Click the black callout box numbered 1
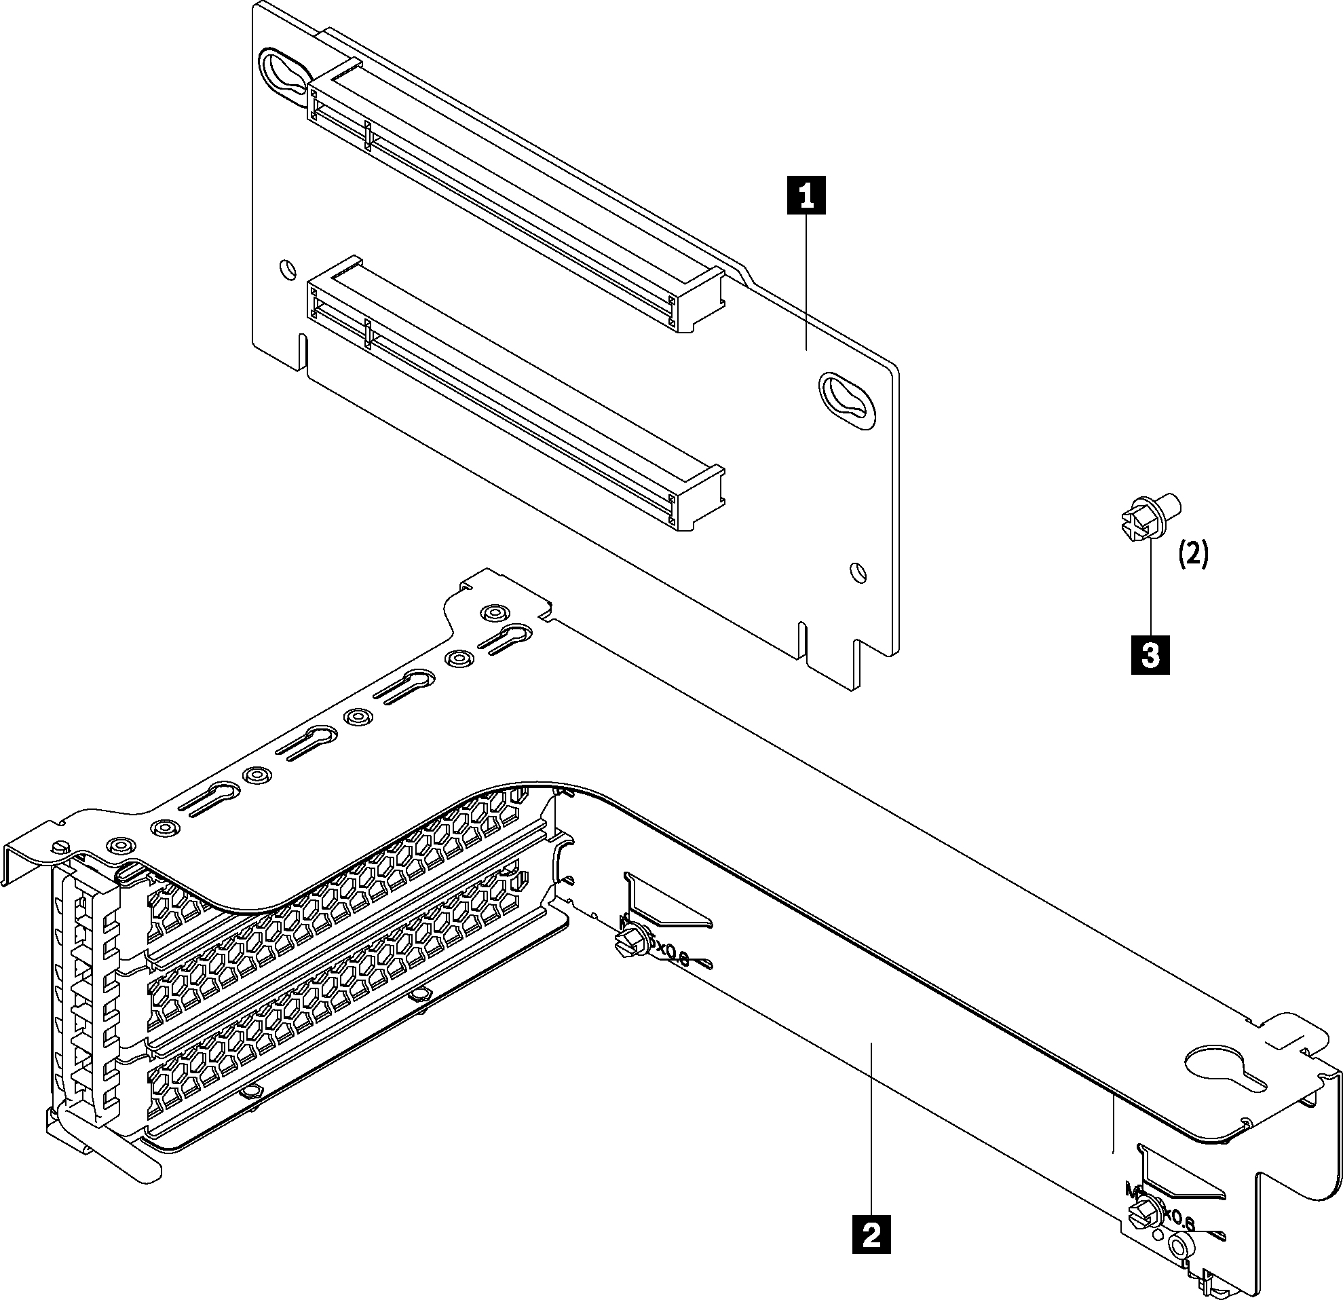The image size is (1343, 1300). click(806, 196)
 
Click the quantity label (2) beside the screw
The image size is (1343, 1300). click(1194, 554)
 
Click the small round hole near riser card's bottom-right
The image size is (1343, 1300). click(857, 572)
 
